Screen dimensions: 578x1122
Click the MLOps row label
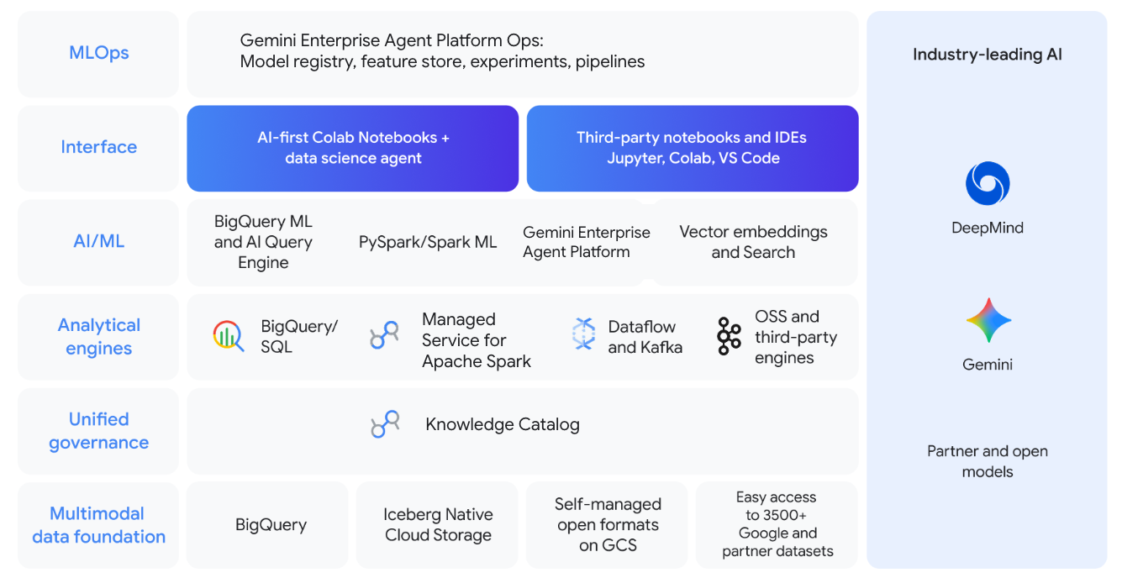tap(98, 53)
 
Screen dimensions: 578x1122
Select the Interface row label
tap(98, 147)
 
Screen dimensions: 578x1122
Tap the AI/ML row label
tap(98, 241)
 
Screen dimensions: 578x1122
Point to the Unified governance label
tap(98, 431)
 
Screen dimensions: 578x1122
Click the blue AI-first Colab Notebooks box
tap(353, 148)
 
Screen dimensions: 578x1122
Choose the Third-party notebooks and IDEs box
tap(693, 148)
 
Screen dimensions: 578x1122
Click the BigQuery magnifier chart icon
tap(228, 336)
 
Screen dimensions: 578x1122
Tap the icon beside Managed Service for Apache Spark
tap(384, 336)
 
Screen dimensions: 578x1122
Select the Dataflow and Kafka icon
tap(583, 334)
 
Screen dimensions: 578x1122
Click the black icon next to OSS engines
tap(729, 336)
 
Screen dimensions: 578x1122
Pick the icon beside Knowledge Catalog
tap(385, 424)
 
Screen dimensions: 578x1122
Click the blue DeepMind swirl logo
tap(987, 184)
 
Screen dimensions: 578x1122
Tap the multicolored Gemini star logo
tap(988, 320)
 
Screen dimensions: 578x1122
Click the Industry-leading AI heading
tap(987, 55)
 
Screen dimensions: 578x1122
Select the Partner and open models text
tap(987, 461)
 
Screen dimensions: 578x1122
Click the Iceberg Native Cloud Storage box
tap(438, 525)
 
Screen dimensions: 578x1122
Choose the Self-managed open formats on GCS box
tap(608, 525)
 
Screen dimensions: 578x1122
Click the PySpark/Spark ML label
tap(428, 242)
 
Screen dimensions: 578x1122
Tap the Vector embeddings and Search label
tap(753, 242)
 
